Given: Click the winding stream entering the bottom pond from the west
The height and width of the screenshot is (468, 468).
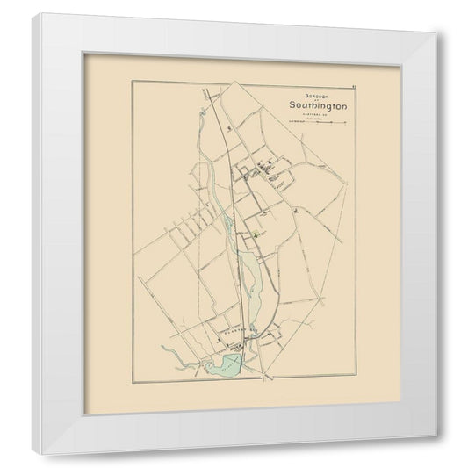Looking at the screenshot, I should (180, 356).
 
